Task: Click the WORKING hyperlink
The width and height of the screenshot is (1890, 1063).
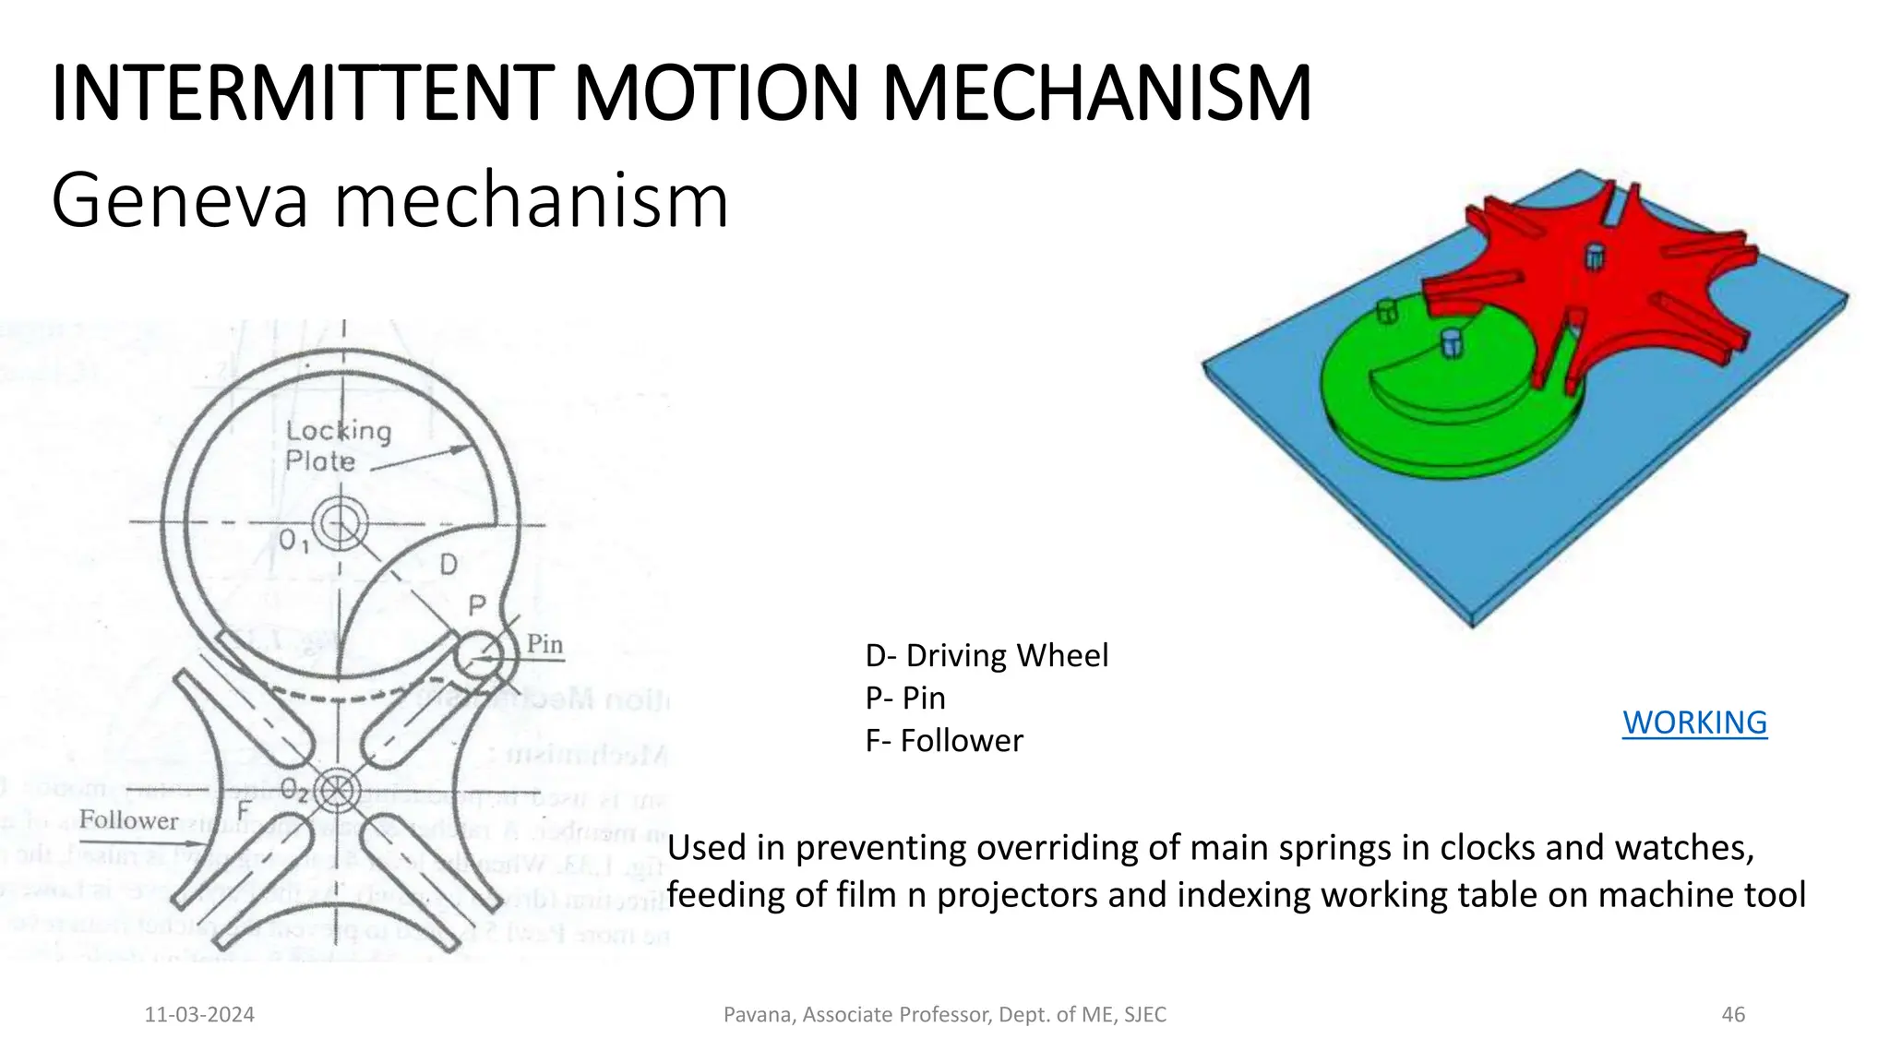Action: click(x=1694, y=723)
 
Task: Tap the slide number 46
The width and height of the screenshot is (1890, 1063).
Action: click(x=1733, y=1015)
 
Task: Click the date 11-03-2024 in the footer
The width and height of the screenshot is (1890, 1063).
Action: click(x=199, y=1015)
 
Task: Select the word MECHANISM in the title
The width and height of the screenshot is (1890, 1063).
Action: click(x=1096, y=94)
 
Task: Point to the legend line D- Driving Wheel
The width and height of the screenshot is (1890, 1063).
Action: click(x=987, y=656)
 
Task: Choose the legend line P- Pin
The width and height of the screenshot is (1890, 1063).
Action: click(x=905, y=699)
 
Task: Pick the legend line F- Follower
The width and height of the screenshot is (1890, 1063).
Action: click(x=944, y=741)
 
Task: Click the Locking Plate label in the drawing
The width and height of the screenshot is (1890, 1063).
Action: click(x=338, y=446)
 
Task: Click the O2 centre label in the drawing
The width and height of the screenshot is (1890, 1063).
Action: click(x=295, y=790)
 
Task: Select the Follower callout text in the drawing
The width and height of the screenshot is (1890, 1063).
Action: click(x=128, y=820)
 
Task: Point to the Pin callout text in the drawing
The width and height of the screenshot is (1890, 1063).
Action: click(x=544, y=645)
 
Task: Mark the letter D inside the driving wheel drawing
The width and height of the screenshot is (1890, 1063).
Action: click(x=448, y=564)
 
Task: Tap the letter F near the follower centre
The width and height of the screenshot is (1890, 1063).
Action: click(x=244, y=810)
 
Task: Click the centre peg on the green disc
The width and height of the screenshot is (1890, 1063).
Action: click(x=1452, y=342)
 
